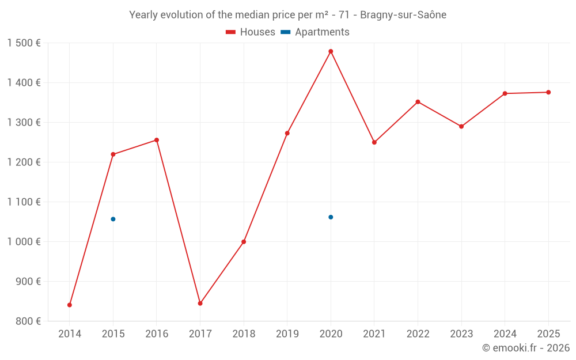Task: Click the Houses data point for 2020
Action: (331, 51)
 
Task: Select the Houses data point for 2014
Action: (70, 305)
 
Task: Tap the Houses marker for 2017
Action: (200, 303)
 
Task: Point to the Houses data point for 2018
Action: (244, 241)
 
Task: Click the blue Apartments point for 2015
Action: (113, 219)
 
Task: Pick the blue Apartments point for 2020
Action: (331, 217)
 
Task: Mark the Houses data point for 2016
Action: (157, 140)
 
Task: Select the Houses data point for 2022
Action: (418, 102)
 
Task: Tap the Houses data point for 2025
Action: (548, 92)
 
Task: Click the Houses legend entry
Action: (251, 32)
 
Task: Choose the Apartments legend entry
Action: (315, 32)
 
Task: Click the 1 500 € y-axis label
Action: (24, 43)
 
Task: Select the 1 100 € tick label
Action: (24, 202)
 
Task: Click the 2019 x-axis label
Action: (287, 334)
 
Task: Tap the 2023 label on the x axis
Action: (461, 334)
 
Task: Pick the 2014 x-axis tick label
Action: (70, 334)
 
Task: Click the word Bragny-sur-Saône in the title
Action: (403, 15)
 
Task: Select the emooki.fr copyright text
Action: (526, 348)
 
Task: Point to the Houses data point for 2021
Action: (374, 142)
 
